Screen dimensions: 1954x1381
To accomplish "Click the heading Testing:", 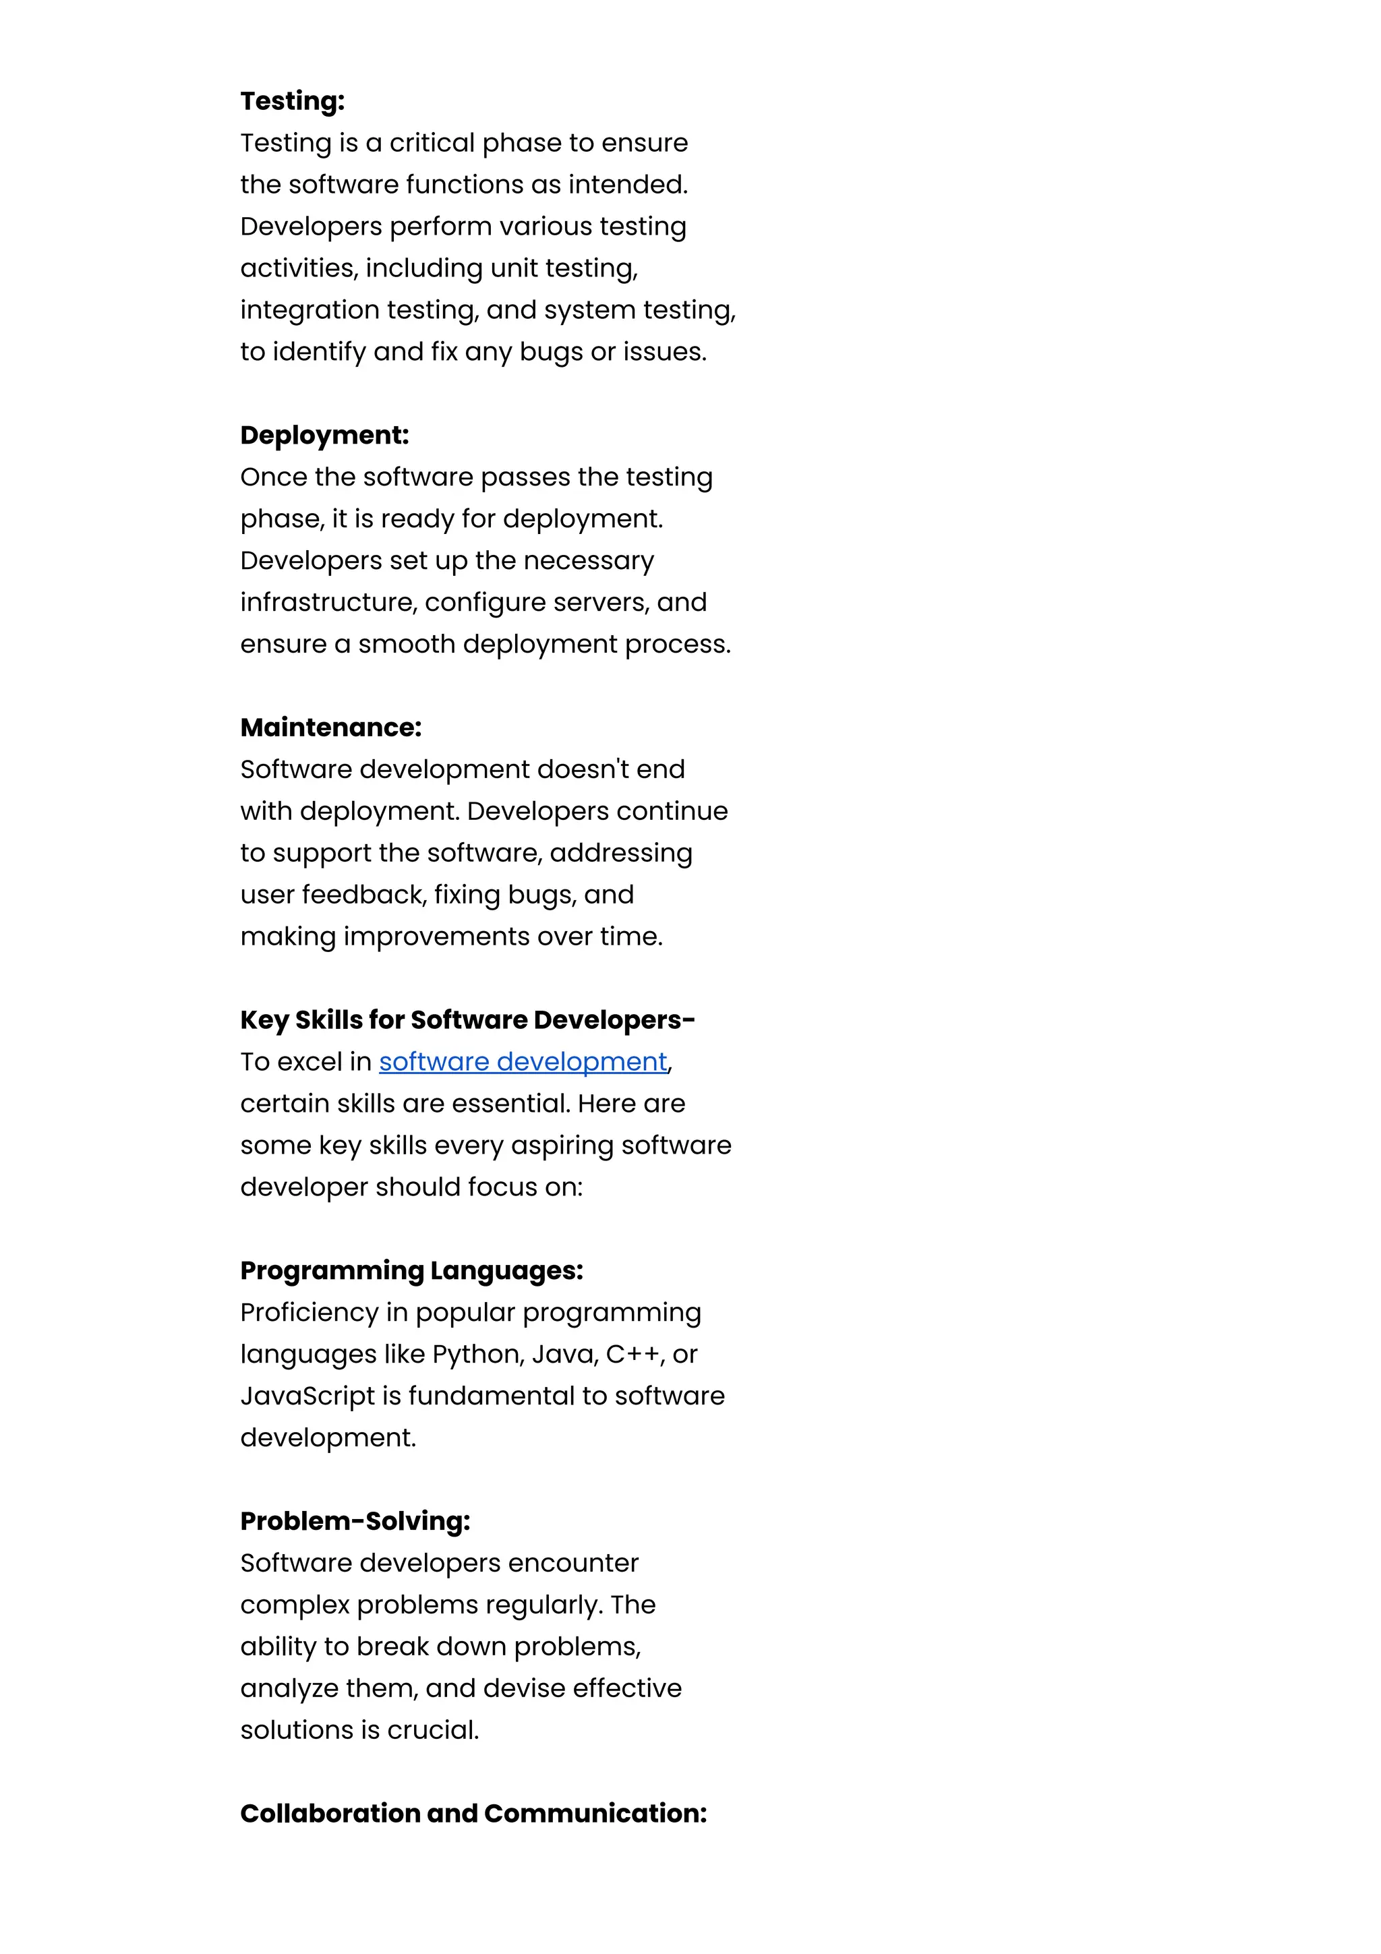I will (292, 101).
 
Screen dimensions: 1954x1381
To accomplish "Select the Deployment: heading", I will (324, 435).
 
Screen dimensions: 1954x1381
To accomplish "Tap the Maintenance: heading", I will (330, 728).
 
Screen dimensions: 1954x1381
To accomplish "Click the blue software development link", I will (523, 1061).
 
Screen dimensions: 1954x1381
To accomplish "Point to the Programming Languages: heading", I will (411, 1270).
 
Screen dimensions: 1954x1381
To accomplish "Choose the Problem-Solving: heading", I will (355, 1521).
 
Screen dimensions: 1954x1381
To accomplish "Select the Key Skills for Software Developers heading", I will (467, 1019).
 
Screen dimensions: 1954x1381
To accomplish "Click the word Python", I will (477, 1354).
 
